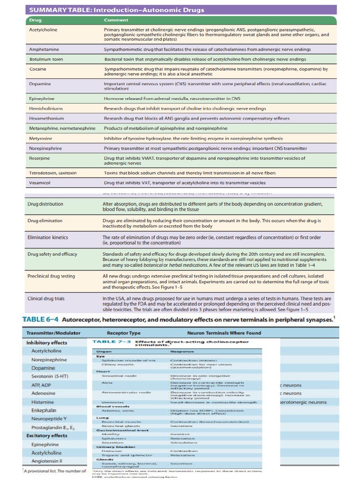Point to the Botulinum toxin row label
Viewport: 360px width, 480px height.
(x=45, y=60)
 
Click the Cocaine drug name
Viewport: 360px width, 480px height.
(x=37, y=69)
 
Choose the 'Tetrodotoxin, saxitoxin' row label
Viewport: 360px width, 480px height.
(x=52, y=172)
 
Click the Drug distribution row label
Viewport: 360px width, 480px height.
(x=45, y=204)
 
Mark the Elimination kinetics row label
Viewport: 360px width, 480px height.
(x=47, y=237)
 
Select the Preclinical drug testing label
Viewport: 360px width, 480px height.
(x=51, y=276)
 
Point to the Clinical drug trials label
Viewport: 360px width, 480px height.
(x=46, y=298)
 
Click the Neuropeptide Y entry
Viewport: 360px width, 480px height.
(x=49, y=418)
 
